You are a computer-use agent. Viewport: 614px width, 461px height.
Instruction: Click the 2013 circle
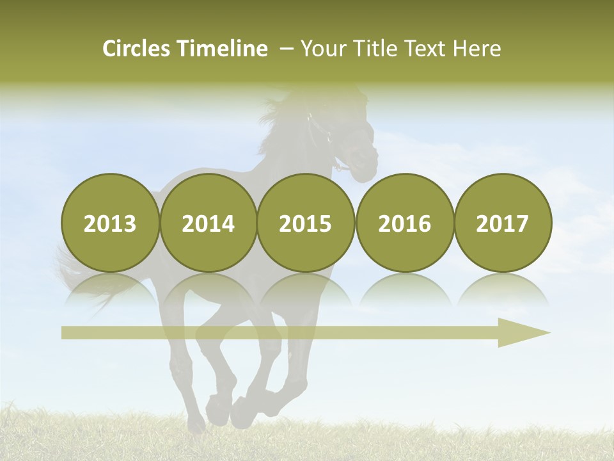pos(110,223)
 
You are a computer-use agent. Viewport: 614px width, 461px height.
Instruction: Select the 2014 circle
pos(208,223)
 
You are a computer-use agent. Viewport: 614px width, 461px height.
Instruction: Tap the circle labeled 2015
pos(306,223)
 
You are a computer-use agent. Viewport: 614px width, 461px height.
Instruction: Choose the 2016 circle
pos(404,223)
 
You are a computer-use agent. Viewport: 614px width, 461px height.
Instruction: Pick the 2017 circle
pos(503,223)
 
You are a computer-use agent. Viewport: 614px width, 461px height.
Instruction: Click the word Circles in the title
pos(138,48)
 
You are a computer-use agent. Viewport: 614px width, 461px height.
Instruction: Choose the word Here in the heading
pos(477,48)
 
